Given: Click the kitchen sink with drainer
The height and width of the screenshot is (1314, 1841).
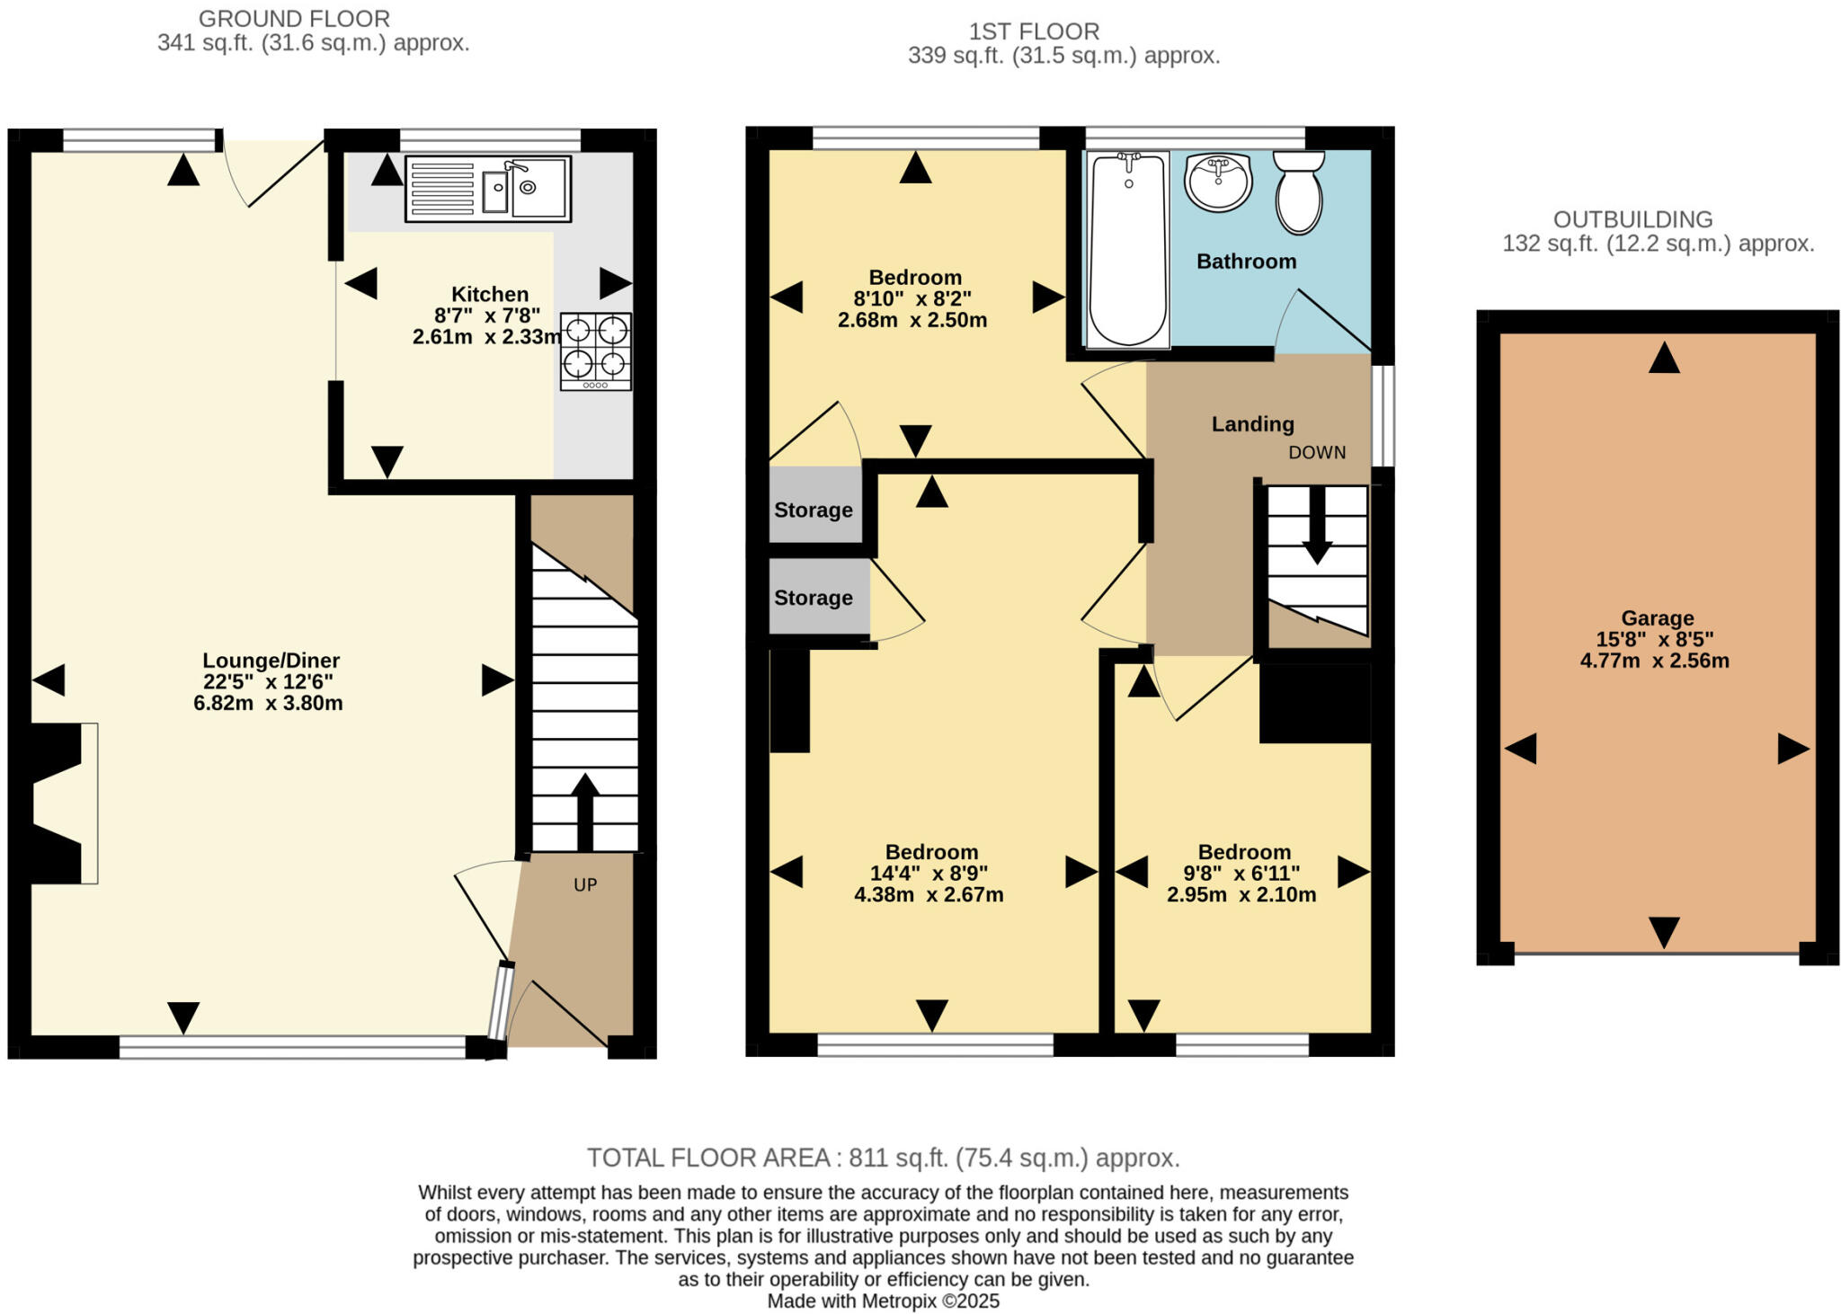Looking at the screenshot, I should tap(488, 189).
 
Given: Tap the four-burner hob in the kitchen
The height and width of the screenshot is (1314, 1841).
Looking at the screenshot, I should tap(595, 351).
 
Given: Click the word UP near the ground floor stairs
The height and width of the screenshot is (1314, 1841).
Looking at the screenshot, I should tap(585, 885).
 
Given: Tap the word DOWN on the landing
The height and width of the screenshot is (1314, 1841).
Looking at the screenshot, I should tap(1317, 453).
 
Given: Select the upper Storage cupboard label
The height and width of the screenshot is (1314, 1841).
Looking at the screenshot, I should tap(814, 511).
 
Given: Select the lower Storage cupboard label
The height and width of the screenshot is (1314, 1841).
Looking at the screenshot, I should tap(814, 599).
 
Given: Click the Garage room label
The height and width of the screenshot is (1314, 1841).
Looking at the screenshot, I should tap(1657, 618).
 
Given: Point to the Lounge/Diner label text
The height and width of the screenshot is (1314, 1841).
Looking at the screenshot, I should tap(271, 661).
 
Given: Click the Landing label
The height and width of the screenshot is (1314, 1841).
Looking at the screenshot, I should tap(1252, 424).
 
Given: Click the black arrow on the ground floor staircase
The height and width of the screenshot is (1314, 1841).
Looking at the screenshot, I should tap(584, 809).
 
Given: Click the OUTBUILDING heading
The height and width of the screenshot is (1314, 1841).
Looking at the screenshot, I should tap(1632, 219).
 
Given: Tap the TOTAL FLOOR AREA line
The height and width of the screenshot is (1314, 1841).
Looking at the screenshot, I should tap(883, 1158).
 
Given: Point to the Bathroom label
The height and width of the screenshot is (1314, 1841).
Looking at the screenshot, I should tap(1246, 262).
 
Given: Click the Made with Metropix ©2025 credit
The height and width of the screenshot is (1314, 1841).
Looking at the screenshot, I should tap(883, 1301).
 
